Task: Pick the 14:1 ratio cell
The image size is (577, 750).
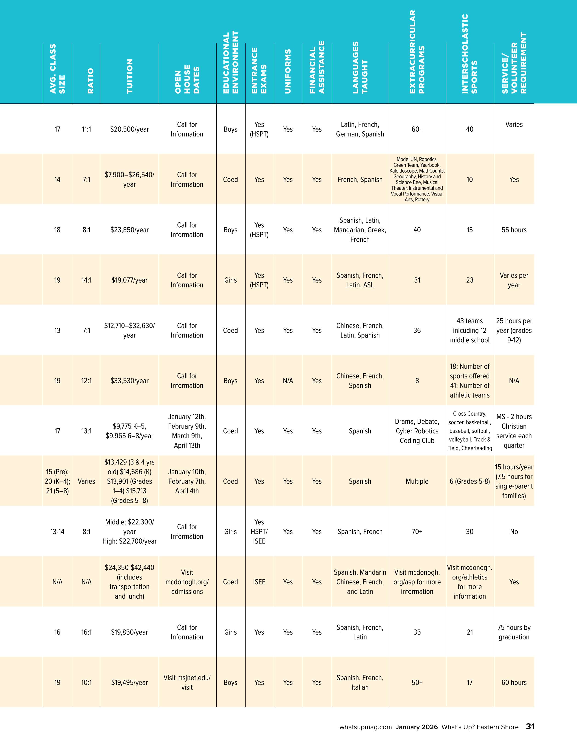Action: tap(86, 280)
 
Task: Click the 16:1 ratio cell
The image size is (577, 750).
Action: tap(86, 632)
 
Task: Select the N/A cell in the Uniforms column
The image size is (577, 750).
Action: tap(288, 381)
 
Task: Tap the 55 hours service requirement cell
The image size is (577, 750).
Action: tap(514, 230)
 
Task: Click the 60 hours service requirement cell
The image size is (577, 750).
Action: tap(514, 683)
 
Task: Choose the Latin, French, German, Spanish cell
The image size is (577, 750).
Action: tap(360, 129)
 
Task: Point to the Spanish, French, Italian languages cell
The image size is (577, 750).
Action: tap(360, 683)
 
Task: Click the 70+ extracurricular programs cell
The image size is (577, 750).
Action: tap(417, 532)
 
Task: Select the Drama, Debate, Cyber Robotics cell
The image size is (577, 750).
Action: tap(417, 431)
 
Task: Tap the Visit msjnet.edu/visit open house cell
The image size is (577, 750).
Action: tap(187, 683)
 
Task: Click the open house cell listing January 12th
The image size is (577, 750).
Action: tap(187, 431)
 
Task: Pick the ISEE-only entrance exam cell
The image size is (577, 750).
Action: tap(259, 582)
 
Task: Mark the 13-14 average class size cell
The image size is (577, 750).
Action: tap(57, 532)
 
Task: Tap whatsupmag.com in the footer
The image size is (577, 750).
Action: tap(365, 727)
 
